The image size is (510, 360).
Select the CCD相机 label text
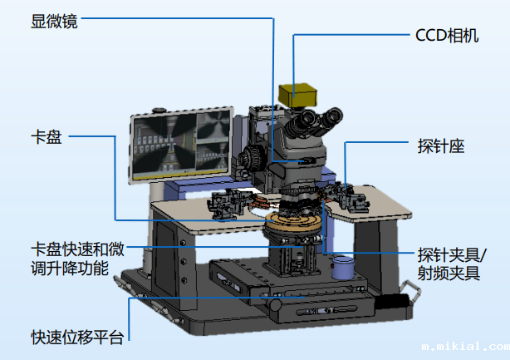tap(446, 37)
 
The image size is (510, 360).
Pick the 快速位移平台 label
tap(77, 337)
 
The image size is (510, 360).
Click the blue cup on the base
tap(342, 267)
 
